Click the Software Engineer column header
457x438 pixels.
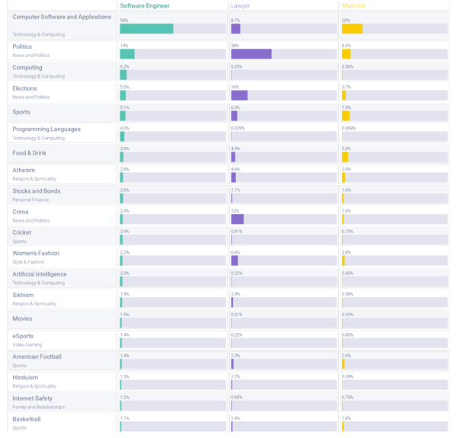coord(145,5)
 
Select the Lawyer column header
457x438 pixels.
coord(240,5)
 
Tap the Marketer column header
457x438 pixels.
coord(353,5)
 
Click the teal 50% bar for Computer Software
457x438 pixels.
coord(146,29)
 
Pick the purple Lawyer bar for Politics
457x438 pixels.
coord(251,54)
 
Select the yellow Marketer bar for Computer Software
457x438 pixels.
coord(351,29)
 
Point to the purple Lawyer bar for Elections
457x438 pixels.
coord(239,95)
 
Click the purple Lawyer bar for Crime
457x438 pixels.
coord(237,219)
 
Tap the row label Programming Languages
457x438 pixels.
coord(46,129)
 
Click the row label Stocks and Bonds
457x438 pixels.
coord(37,191)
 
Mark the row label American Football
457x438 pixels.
coord(37,356)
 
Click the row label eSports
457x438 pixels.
coord(23,336)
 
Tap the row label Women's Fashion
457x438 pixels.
coord(36,254)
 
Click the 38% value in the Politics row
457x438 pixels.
coord(235,46)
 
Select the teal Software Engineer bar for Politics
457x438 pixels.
coord(126,54)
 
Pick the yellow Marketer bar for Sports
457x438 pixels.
coord(345,116)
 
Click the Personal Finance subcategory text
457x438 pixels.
coord(30,200)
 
